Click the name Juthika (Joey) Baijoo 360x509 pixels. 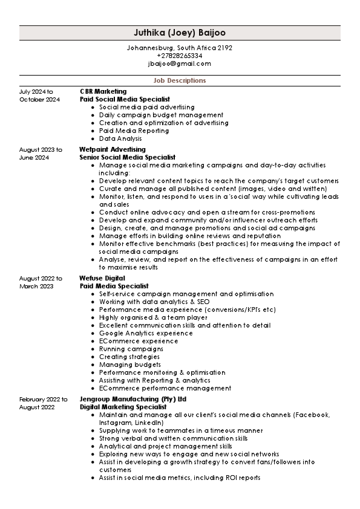point(180,33)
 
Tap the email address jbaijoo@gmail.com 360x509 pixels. point(180,63)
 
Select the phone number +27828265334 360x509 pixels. point(180,56)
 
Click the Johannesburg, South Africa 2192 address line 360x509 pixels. point(180,48)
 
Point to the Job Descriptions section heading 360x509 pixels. point(180,80)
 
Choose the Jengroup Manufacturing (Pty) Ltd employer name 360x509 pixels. point(133,400)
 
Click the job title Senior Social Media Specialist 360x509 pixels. point(127,157)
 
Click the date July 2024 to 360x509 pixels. point(36,91)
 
